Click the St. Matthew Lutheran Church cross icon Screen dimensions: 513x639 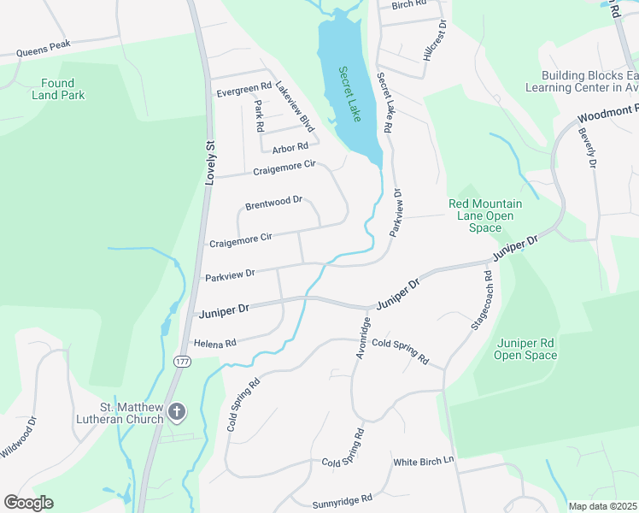pos(177,413)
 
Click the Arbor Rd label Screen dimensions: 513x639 pos(290,146)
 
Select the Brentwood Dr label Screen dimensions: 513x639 pos(273,203)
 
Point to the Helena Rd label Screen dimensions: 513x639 pos(214,343)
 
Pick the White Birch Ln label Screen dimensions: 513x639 pos(425,462)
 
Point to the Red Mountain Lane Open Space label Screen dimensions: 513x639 pos(485,215)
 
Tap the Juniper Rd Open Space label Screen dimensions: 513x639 pos(525,349)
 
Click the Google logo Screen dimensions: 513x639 pos(28,503)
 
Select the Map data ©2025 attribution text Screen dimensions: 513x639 pos(602,506)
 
